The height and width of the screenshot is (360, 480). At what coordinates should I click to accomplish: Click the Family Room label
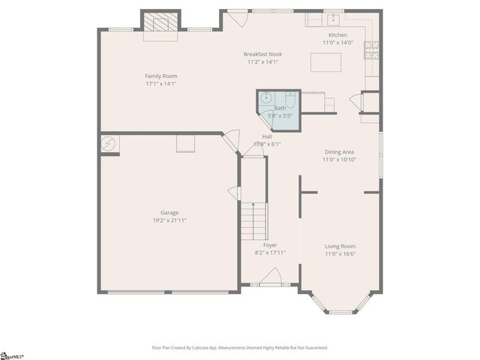tap(161, 76)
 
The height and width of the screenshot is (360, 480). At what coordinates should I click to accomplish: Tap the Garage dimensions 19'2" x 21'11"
tap(169, 220)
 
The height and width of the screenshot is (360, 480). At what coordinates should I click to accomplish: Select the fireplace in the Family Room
tap(160, 22)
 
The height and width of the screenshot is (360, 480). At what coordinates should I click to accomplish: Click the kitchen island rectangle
tap(325, 62)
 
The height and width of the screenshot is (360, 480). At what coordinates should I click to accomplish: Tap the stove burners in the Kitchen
tap(371, 50)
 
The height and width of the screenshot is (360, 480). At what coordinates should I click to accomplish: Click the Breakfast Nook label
tap(262, 55)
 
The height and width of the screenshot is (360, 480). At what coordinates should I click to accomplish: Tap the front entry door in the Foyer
tap(269, 279)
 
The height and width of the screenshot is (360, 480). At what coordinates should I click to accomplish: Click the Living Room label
tap(340, 246)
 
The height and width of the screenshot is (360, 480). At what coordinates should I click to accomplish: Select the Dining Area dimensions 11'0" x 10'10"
tap(339, 160)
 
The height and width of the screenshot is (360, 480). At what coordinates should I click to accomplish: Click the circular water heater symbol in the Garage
tap(109, 143)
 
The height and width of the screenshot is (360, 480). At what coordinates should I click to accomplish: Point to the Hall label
tap(267, 136)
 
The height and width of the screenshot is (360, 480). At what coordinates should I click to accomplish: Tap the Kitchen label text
tap(337, 35)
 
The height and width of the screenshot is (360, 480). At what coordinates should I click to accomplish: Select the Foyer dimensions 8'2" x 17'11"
tap(270, 253)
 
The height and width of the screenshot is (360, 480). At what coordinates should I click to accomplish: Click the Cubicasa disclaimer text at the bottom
tap(239, 347)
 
